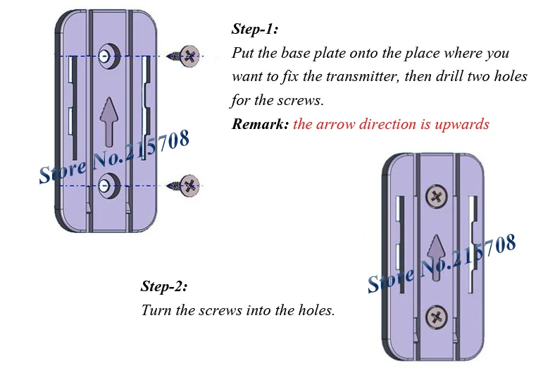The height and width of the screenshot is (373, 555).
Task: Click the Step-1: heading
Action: (254, 30)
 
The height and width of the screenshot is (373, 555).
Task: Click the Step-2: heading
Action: (164, 286)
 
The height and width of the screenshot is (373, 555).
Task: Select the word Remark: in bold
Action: (259, 124)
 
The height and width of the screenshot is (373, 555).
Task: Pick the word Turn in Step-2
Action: (156, 310)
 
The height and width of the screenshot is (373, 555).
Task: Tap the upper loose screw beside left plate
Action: (187, 55)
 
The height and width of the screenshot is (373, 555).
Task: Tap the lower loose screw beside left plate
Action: (187, 185)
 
